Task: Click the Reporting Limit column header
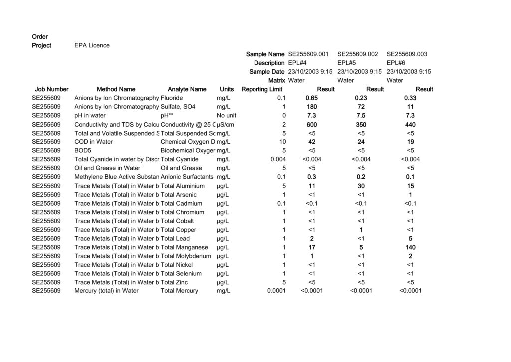coord(261,89)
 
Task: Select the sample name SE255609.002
coord(357,54)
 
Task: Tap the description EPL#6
coord(396,63)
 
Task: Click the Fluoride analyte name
coord(172,98)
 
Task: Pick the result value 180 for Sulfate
coord(312,107)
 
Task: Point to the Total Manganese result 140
coord(410,247)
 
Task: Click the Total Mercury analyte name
coord(179,291)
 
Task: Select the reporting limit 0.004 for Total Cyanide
coord(277,159)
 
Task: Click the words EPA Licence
coord(92,45)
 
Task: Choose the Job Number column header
coord(52,89)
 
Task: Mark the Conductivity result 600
coord(312,124)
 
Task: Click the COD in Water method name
coord(94,142)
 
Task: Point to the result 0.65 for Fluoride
coord(312,98)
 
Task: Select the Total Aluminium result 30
coord(361,186)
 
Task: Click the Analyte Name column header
coord(187,89)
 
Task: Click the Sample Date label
coord(267,72)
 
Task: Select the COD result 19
coord(410,142)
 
